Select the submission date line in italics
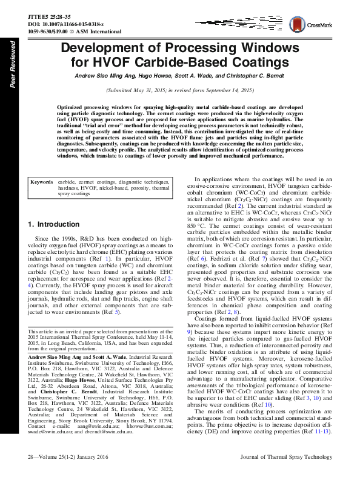(179, 90)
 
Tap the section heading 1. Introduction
(54, 225)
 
